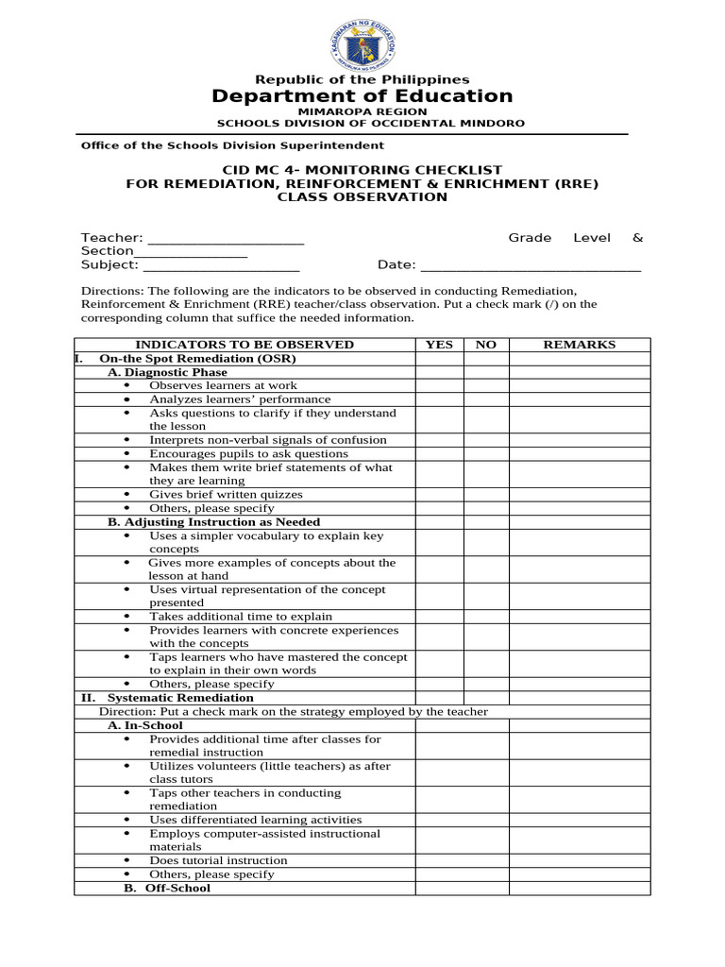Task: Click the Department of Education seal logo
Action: tap(362, 41)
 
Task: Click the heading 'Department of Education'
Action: tap(362, 96)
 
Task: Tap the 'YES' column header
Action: tap(440, 345)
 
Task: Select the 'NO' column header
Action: tap(486, 345)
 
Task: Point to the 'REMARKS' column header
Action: tap(579, 345)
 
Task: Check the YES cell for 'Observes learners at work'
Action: tap(440, 385)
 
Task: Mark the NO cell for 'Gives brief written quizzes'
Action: tap(486, 495)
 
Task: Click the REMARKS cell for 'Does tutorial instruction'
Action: tap(579, 861)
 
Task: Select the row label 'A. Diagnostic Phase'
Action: tap(167, 372)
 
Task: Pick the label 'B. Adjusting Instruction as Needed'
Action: tap(213, 522)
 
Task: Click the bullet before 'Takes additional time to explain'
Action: tap(127, 617)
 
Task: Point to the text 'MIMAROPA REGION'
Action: tap(362, 111)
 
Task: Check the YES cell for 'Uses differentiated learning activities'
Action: tap(440, 821)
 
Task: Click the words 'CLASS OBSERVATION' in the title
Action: tap(362, 197)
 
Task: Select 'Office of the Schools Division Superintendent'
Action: tap(232, 145)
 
